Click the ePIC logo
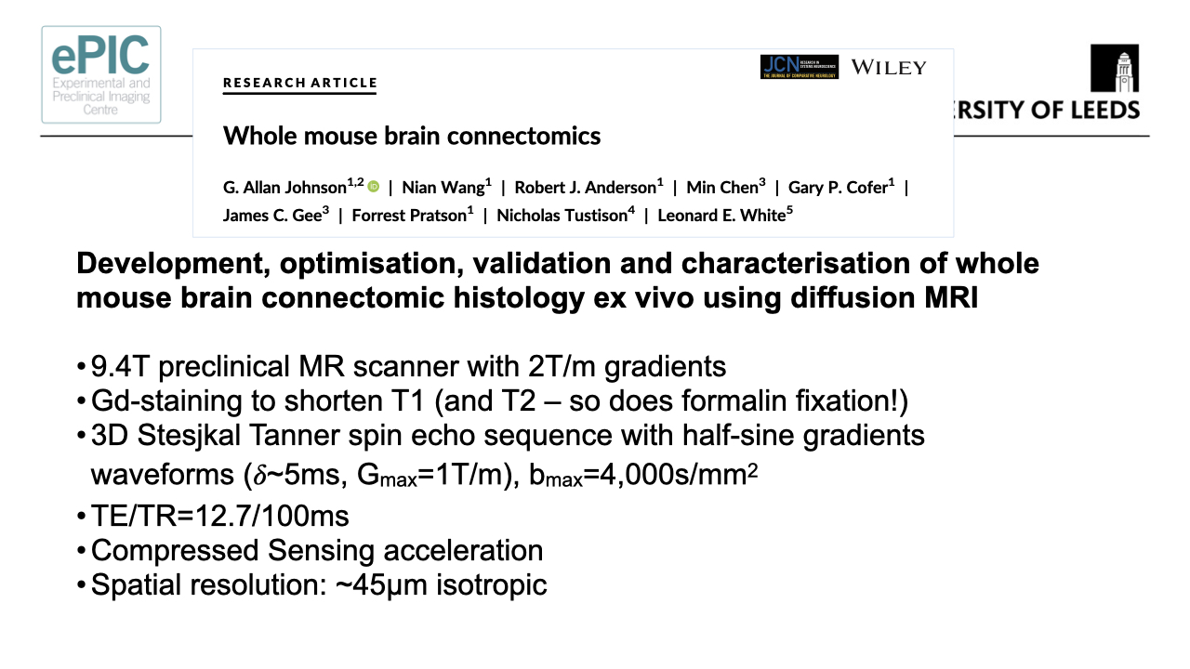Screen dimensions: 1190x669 [100, 74]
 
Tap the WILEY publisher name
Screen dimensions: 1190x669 [888, 67]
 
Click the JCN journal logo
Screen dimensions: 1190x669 [799, 67]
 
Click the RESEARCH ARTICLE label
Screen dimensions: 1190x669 [300, 83]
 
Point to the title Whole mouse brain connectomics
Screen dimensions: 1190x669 [412, 136]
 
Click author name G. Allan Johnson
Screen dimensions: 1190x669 [284, 187]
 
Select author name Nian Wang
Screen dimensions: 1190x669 [443, 187]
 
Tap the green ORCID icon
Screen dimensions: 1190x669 [374, 187]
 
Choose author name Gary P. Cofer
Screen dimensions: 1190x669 [838, 187]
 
